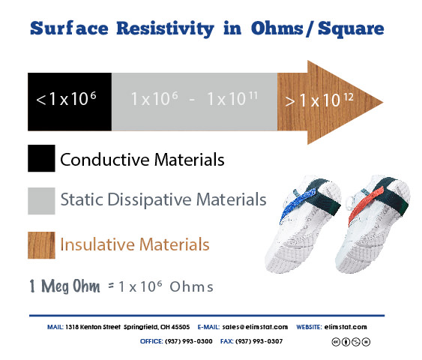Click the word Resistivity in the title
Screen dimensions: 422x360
coord(165,29)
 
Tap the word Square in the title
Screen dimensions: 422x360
coord(351,29)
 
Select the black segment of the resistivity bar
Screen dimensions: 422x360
coord(70,102)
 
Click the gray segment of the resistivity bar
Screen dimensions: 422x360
coord(194,102)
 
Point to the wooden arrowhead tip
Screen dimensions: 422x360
coord(383,102)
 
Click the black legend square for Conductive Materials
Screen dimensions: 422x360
coord(41,158)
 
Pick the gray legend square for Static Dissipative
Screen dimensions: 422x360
coord(41,201)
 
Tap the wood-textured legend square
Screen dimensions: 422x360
coord(41,245)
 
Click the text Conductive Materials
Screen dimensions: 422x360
coord(142,160)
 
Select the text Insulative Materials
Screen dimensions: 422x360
coord(135,244)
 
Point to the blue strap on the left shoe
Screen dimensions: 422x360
coord(298,205)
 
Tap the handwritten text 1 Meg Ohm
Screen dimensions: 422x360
coord(64,286)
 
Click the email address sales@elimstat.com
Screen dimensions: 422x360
coord(255,327)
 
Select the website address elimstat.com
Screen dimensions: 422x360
coord(346,327)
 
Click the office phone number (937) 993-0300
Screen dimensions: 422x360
coord(189,341)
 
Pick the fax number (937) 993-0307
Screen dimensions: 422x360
coord(259,341)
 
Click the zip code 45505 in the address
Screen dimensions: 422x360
coord(181,327)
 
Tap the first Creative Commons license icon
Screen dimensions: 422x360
coord(336,342)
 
